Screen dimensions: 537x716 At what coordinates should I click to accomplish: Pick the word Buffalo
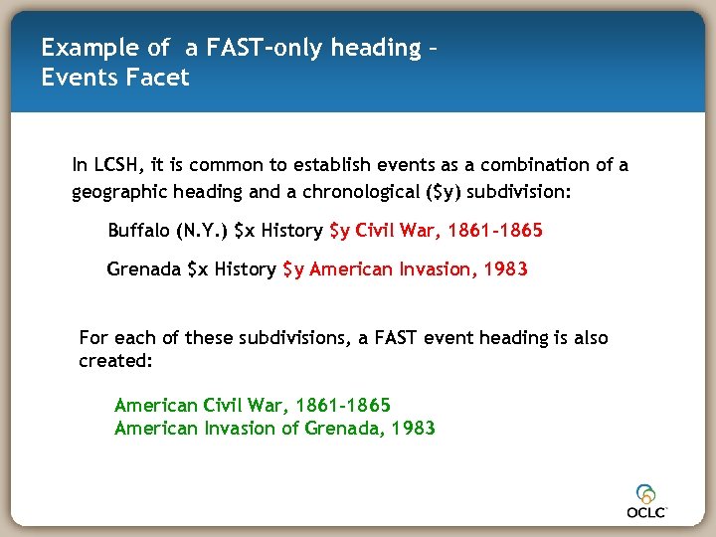tap(138, 231)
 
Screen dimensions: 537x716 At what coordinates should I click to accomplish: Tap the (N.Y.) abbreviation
tap(201, 231)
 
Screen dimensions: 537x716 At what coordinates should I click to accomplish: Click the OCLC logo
tap(647, 500)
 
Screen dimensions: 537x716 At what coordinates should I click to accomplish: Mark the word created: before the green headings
tap(115, 361)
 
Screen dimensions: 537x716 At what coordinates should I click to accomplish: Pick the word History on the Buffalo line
tap(291, 231)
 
